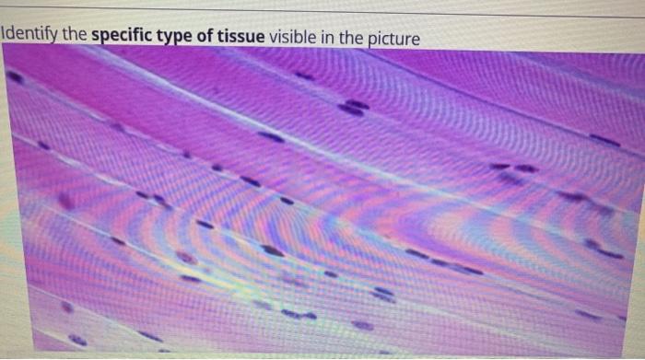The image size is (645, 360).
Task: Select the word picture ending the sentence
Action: pos(394,38)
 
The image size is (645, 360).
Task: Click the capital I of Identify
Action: pos(4,37)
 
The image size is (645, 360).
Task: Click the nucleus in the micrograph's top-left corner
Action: pos(15,78)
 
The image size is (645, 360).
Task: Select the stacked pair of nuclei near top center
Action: pos(353,108)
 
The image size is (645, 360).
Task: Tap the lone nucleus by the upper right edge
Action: pos(604,140)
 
